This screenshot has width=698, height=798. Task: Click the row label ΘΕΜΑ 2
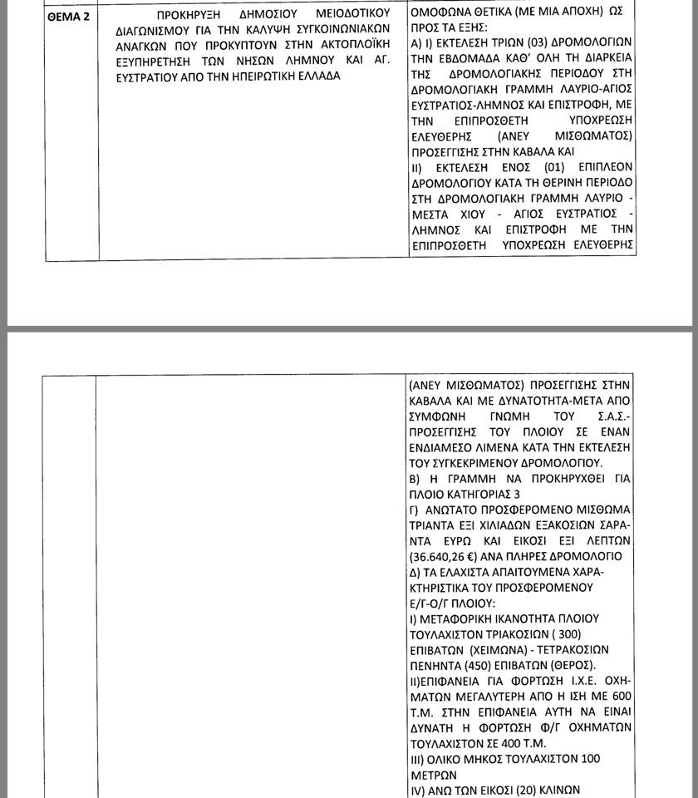coord(69,16)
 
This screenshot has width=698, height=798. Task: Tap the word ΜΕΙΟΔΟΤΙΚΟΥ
coord(343,16)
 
